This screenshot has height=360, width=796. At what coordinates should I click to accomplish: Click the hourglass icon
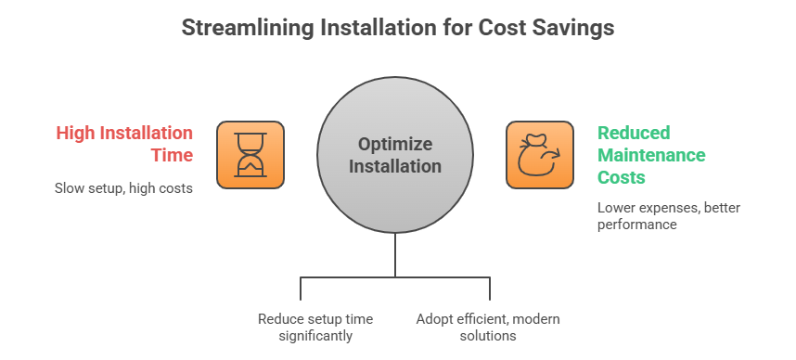250,154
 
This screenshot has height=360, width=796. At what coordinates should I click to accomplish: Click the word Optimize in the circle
395,145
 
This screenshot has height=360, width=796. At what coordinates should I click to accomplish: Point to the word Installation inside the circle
395,167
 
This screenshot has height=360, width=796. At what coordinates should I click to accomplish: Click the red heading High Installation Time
124,144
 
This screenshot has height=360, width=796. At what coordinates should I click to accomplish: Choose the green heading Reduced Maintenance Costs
651,154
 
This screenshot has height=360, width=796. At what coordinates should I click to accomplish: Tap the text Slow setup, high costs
123,188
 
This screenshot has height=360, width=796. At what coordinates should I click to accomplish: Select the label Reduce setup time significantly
315,327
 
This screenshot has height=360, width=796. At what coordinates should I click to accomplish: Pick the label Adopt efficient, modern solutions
488,327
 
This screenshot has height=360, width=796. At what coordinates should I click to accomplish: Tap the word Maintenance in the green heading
651,154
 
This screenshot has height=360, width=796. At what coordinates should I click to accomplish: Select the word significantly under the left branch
315,335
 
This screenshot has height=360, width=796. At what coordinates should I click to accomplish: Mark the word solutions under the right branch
488,335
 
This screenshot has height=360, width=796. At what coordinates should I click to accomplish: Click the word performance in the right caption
636,224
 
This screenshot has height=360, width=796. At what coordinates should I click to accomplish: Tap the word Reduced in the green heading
634,133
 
